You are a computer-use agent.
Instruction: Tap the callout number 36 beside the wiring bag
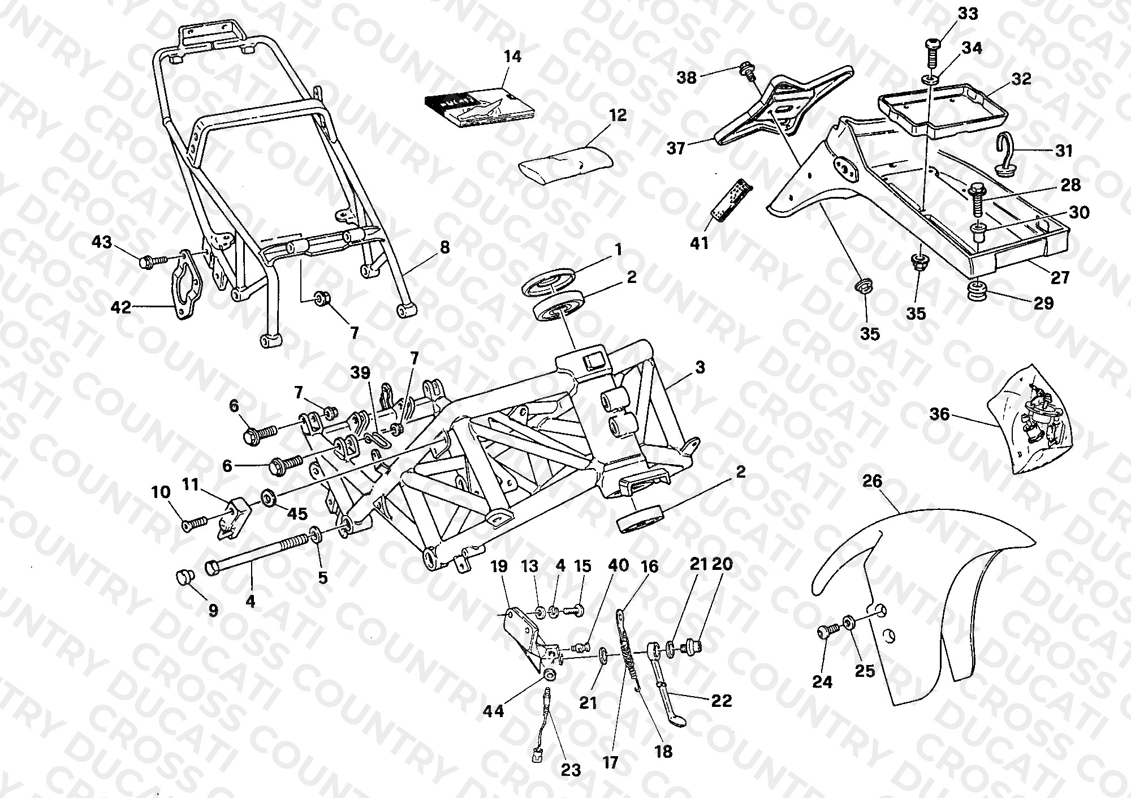[x=940, y=415]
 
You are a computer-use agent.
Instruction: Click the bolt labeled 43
[x=152, y=261]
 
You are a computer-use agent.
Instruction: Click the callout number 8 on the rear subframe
[x=445, y=247]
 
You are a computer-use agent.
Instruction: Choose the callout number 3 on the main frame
[x=700, y=367]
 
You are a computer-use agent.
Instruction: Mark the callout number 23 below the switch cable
[x=571, y=770]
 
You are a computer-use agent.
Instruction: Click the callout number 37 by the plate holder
[x=676, y=148]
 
